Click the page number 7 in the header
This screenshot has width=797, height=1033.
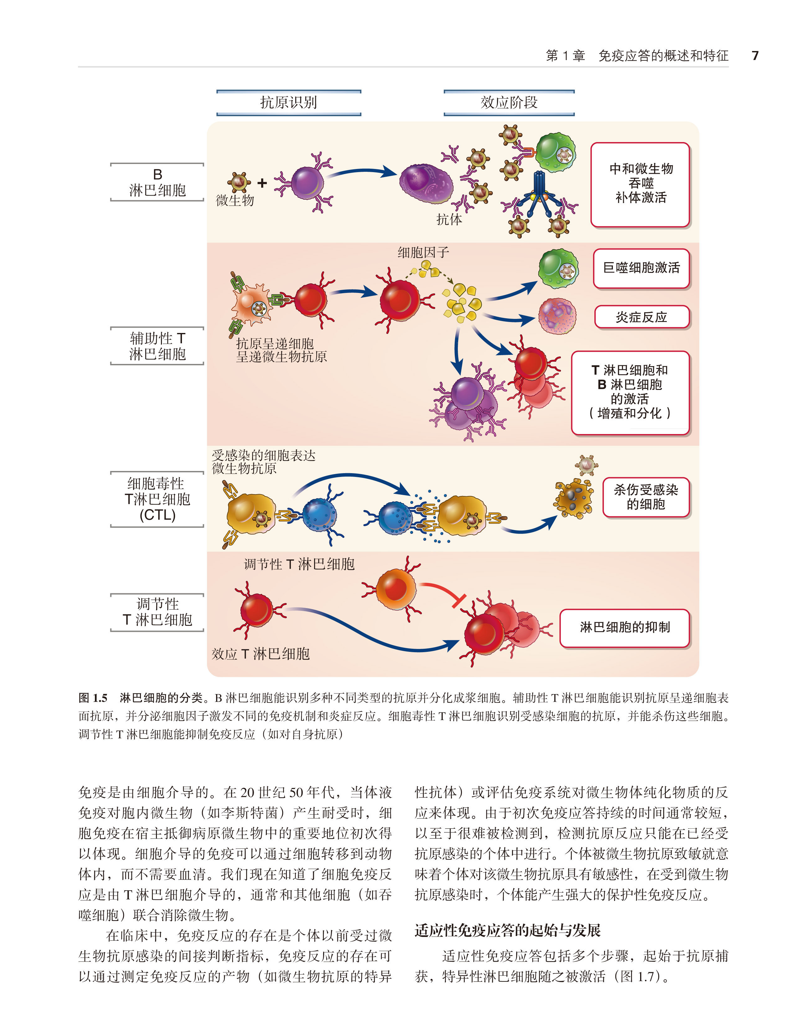point(755,56)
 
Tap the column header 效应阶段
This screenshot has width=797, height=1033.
point(509,102)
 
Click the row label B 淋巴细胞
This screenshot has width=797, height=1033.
point(157,182)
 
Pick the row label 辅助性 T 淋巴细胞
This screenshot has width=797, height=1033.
point(157,346)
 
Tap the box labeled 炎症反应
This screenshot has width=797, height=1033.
point(641,317)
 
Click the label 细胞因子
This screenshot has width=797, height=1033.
point(423,252)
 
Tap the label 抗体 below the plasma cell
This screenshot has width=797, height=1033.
point(449,219)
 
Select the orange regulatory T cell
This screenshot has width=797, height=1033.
point(396,588)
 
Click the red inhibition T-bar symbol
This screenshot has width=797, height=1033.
point(458,601)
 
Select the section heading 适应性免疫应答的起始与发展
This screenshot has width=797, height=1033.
point(507,930)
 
